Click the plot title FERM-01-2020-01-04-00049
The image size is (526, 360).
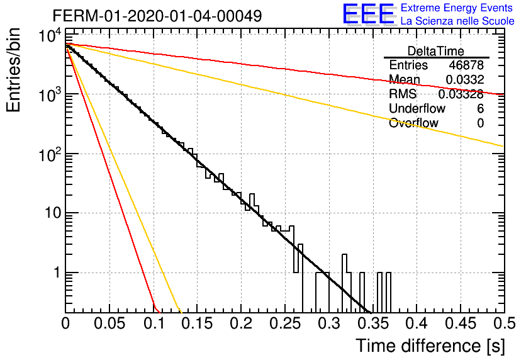(x=157, y=16)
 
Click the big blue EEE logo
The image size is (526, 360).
(x=368, y=14)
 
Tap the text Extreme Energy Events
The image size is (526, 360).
(x=457, y=8)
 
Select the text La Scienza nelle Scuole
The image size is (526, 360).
(x=457, y=21)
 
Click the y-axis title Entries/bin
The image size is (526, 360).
(x=13, y=70)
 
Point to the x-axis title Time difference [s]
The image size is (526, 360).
(x=430, y=346)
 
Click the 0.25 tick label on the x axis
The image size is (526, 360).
(x=285, y=323)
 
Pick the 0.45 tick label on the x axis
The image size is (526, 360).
(x=461, y=323)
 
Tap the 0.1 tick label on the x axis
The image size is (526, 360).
(x=154, y=323)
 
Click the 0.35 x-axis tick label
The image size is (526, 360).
(x=373, y=323)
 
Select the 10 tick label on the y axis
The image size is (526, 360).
(x=53, y=213)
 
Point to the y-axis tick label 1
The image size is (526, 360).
(x=57, y=273)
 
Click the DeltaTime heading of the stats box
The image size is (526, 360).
(x=435, y=51)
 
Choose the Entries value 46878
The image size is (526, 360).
(x=466, y=65)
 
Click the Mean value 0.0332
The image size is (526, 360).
(x=464, y=79)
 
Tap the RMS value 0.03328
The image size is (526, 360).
(x=461, y=94)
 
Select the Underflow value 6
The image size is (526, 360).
(x=480, y=108)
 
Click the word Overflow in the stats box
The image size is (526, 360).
(x=413, y=123)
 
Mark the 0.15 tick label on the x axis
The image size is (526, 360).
(x=198, y=323)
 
